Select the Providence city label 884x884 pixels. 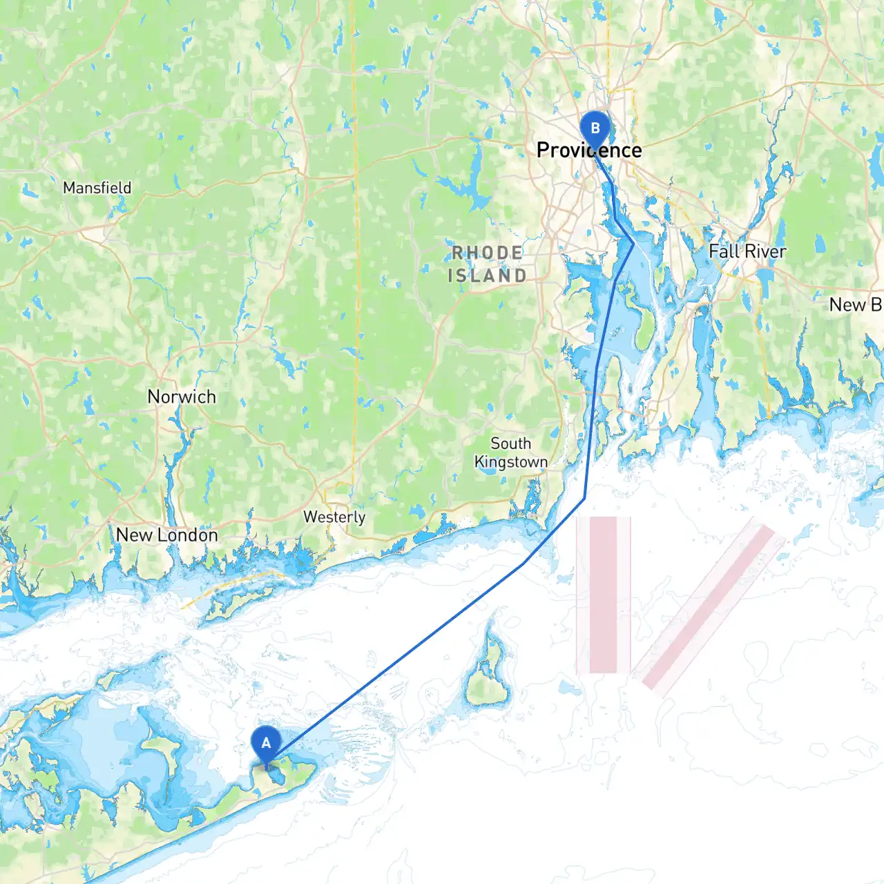589,151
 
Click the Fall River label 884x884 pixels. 747,251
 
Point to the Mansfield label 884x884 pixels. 97,188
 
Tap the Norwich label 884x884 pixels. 182,397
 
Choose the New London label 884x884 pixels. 166,535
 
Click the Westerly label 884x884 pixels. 334,517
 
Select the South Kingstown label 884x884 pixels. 511,453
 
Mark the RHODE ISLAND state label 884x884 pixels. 488,265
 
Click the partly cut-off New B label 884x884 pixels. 856,305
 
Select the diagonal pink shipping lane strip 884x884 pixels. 709,607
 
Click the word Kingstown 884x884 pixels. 511,462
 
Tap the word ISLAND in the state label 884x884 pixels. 488,276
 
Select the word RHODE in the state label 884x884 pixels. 488,253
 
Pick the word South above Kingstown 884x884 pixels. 511,443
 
